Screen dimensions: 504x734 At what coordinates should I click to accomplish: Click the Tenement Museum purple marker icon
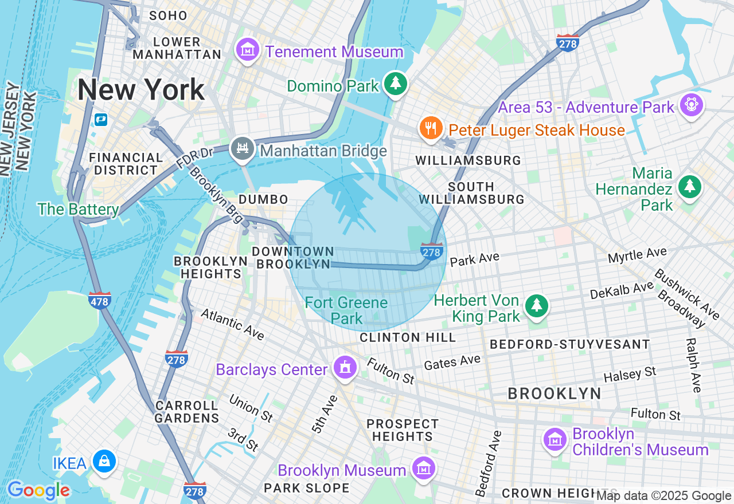pyautogui.click(x=248, y=50)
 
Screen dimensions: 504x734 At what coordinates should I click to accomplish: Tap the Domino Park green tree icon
pyautogui.click(x=395, y=84)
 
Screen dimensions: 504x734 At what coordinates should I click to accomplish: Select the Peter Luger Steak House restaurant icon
pyautogui.click(x=431, y=128)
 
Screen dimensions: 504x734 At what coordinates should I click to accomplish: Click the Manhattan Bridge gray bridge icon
pyautogui.click(x=242, y=149)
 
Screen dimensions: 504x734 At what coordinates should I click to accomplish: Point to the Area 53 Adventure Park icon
pyautogui.click(x=691, y=105)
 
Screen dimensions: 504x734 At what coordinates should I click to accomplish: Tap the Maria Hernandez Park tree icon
pyautogui.click(x=689, y=187)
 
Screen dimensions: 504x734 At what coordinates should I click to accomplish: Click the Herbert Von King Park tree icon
pyautogui.click(x=536, y=306)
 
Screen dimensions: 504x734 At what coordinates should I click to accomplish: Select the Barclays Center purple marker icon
pyautogui.click(x=345, y=367)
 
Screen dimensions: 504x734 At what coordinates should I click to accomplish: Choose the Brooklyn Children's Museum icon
pyautogui.click(x=555, y=440)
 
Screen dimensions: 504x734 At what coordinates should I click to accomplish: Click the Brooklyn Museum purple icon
pyautogui.click(x=423, y=468)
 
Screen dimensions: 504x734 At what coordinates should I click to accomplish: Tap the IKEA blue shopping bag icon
pyautogui.click(x=104, y=461)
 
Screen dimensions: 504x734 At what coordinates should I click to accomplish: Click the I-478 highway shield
pyautogui.click(x=99, y=300)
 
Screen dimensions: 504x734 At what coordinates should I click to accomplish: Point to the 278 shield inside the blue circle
pyautogui.click(x=431, y=251)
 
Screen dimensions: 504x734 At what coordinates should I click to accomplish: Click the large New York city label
pyautogui.click(x=141, y=89)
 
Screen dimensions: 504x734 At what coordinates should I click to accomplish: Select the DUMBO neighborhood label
pyautogui.click(x=263, y=199)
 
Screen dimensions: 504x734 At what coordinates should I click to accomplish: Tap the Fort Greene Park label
pyautogui.click(x=346, y=310)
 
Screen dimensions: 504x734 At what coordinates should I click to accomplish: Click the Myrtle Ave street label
pyautogui.click(x=637, y=255)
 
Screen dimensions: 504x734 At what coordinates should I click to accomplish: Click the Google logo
pyautogui.click(x=38, y=490)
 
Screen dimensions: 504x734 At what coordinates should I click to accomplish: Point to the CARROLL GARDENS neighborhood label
pyautogui.click(x=186, y=411)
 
